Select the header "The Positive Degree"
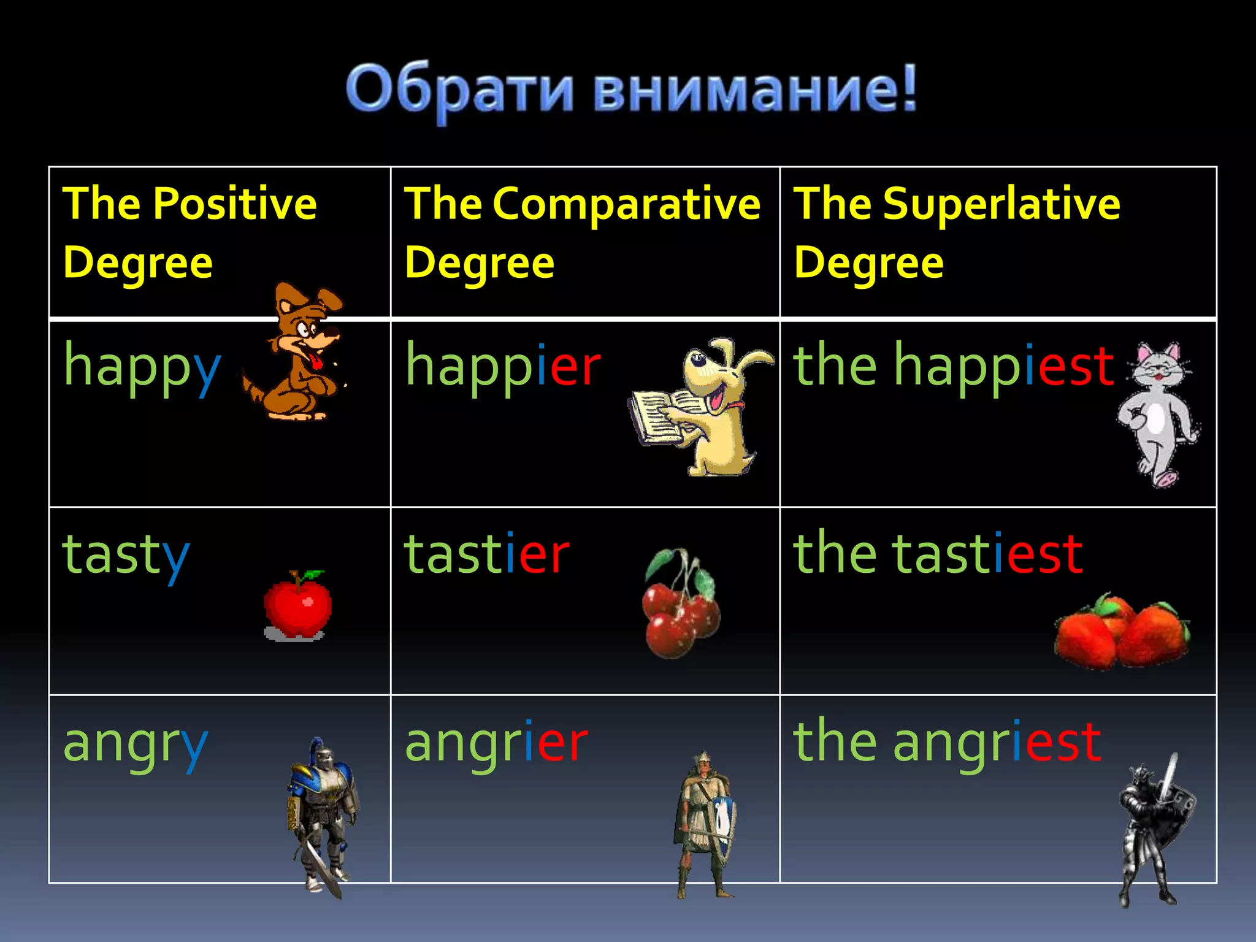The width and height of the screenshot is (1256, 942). coord(190,233)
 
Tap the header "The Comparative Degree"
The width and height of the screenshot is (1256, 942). coord(582,233)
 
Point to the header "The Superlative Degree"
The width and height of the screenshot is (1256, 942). coord(957,233)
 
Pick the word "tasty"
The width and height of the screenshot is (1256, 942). coord(126,555)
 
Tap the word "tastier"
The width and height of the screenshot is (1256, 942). coord(487,555)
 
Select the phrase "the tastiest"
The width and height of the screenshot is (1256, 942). coord(938,555)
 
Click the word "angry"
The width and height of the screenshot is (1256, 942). coord(136,744)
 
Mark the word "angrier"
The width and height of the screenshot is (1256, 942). coord(496,744)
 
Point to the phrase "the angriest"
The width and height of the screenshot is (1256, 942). coord(948,744)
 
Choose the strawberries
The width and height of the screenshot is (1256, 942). coord(1122,632)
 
